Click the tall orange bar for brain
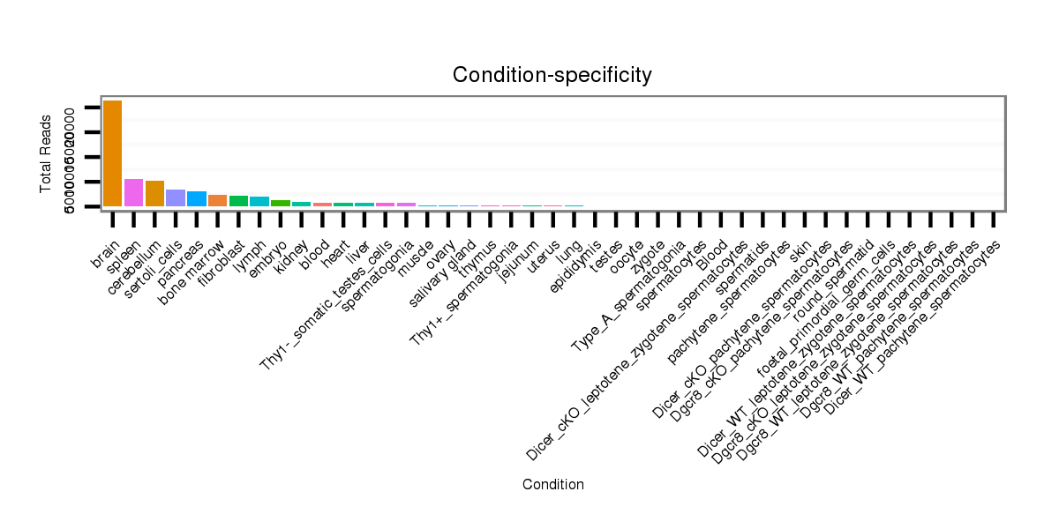(x=112, y=153)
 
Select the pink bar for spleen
(x=133, y=192)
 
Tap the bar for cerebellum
(x=154, y=193)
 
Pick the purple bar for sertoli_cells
(x=176, y=197)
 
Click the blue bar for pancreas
(x=197, y=198)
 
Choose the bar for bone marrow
(x=217, y=200)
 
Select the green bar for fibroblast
(x=238, y=201)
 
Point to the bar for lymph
(x=259, y=201)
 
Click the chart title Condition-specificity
(x=552, y=76)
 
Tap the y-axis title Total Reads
(x=46, y=153)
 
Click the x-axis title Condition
(x=552, y=485)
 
